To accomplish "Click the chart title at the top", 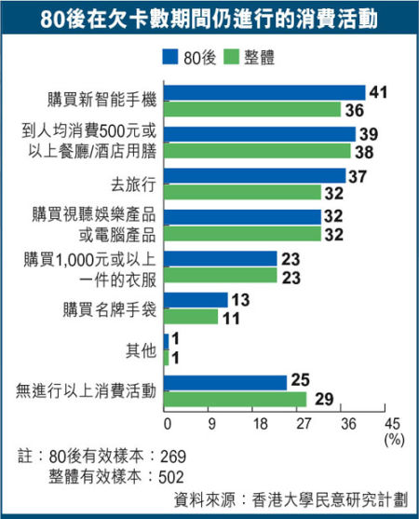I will pos(209,19).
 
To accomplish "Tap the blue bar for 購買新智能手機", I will pos(264,92).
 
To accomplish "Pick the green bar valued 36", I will pos(252,109).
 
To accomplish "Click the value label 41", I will pos(378,92).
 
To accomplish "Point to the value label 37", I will pos(358,175).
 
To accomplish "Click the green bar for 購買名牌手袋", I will pos(191,317).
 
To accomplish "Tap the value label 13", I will pos(239,300).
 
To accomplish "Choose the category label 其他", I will pos(141,350).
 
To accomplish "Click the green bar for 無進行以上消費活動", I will pos(236,399).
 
